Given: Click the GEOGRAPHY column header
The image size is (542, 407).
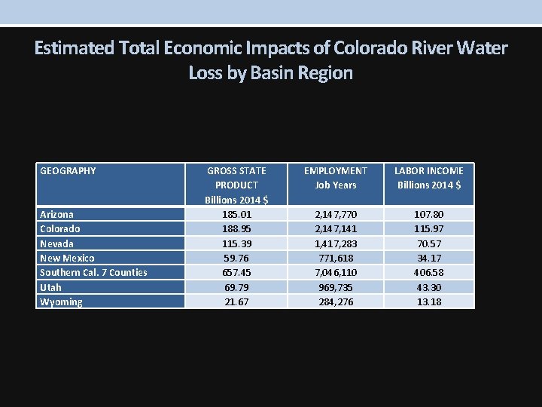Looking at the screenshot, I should tap(68, 170).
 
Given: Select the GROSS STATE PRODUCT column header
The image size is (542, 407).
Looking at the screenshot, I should tap(236, 185).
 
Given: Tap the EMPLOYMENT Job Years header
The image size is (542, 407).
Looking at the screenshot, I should tap(335, 177).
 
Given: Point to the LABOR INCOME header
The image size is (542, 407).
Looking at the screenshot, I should tap(428, 177).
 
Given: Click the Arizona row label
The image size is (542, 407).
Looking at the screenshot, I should tap(56, 214).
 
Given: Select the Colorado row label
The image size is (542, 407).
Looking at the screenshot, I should tap(59, 228).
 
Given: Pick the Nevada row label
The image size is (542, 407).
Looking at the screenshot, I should tap(56, 243).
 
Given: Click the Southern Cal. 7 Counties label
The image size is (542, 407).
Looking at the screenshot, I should tap(93, 272).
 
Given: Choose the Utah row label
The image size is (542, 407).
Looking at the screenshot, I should tap(50, 287).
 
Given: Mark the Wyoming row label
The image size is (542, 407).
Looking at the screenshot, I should tap(61, 301).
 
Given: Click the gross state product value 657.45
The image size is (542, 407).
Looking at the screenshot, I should tap(236, 272).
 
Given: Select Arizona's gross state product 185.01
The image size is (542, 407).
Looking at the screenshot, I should tap(236, 214).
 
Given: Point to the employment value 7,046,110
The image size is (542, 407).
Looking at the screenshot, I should tap(335, 272).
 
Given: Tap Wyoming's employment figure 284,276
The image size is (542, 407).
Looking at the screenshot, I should tap(335, 301).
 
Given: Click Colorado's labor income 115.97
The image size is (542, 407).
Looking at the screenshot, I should tap(428, 228).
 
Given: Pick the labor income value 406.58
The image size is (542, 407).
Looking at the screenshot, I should tap(428, 272).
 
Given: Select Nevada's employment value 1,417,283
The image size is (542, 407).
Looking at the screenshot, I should tap(335, 243).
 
